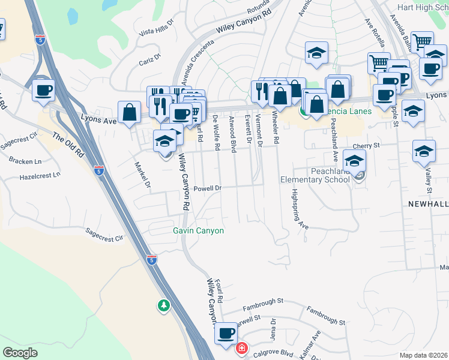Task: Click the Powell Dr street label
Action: tap(208, 188)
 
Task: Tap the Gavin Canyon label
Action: tap(198, 230)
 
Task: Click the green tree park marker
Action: tap(163, 306)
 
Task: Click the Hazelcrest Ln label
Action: tap(40, 176)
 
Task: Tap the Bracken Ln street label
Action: tap(25, 161)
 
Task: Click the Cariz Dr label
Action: tap(150, 60)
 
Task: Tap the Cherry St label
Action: tap(367, 146)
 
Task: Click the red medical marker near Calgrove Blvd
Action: tap(241, 348)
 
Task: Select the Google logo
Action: tap(20, 353)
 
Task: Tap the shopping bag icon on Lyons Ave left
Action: tap(130, 112)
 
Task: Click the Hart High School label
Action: tap(423, 7)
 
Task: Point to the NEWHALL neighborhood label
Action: tap(428, 204)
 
